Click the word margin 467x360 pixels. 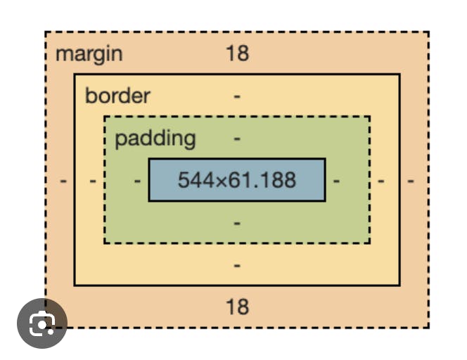tap(89, 54)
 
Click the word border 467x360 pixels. tap(117, 96)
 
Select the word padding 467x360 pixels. tap(155, 138)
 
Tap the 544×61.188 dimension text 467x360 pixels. tap(236, 180)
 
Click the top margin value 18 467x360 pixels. tap(237, 53)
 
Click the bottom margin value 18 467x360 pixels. tap(237, 307)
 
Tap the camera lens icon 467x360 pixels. tap(42, 324)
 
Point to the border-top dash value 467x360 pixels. tap(237, 96)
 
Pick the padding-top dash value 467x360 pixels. tap(237, 139)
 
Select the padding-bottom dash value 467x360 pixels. tap(237, 223)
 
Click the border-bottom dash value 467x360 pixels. tap(237, 265)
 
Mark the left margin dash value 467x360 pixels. tap(63, 181)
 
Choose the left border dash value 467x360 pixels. tap(93, 181)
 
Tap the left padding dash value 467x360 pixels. tap(137, 181)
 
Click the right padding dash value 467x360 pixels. tap(337, 181)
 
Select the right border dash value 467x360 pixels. tap(380, 181)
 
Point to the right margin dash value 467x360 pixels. tap(411, 181)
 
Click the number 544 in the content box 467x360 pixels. tap(195, 180)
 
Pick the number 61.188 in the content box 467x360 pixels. tap(266, 180)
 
